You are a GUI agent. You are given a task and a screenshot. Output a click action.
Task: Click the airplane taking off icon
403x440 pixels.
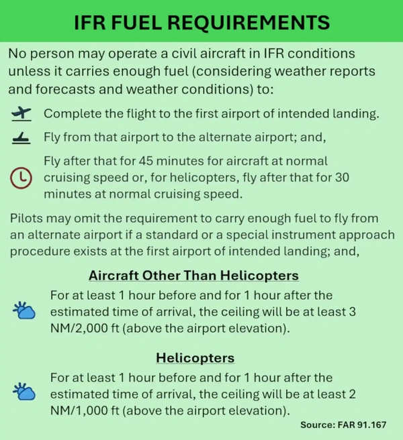click(x=22, y=113)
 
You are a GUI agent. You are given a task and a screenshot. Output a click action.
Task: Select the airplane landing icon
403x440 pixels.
click(x=22, y=138)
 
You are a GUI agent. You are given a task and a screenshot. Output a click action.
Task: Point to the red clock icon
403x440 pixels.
click(x=22, y=177)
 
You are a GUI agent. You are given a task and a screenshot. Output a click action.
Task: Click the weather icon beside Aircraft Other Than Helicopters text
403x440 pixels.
click(x=24, y=311)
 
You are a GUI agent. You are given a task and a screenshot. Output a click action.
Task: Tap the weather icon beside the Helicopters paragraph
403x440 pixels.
click(x=24, y=392)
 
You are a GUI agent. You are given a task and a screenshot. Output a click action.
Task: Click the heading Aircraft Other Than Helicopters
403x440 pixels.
click(x=193, y=276)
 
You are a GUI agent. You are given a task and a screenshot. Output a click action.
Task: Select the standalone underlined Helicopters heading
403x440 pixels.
click(x=195, y=357)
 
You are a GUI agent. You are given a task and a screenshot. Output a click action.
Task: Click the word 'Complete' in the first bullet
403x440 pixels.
click(x=71, y=113)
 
